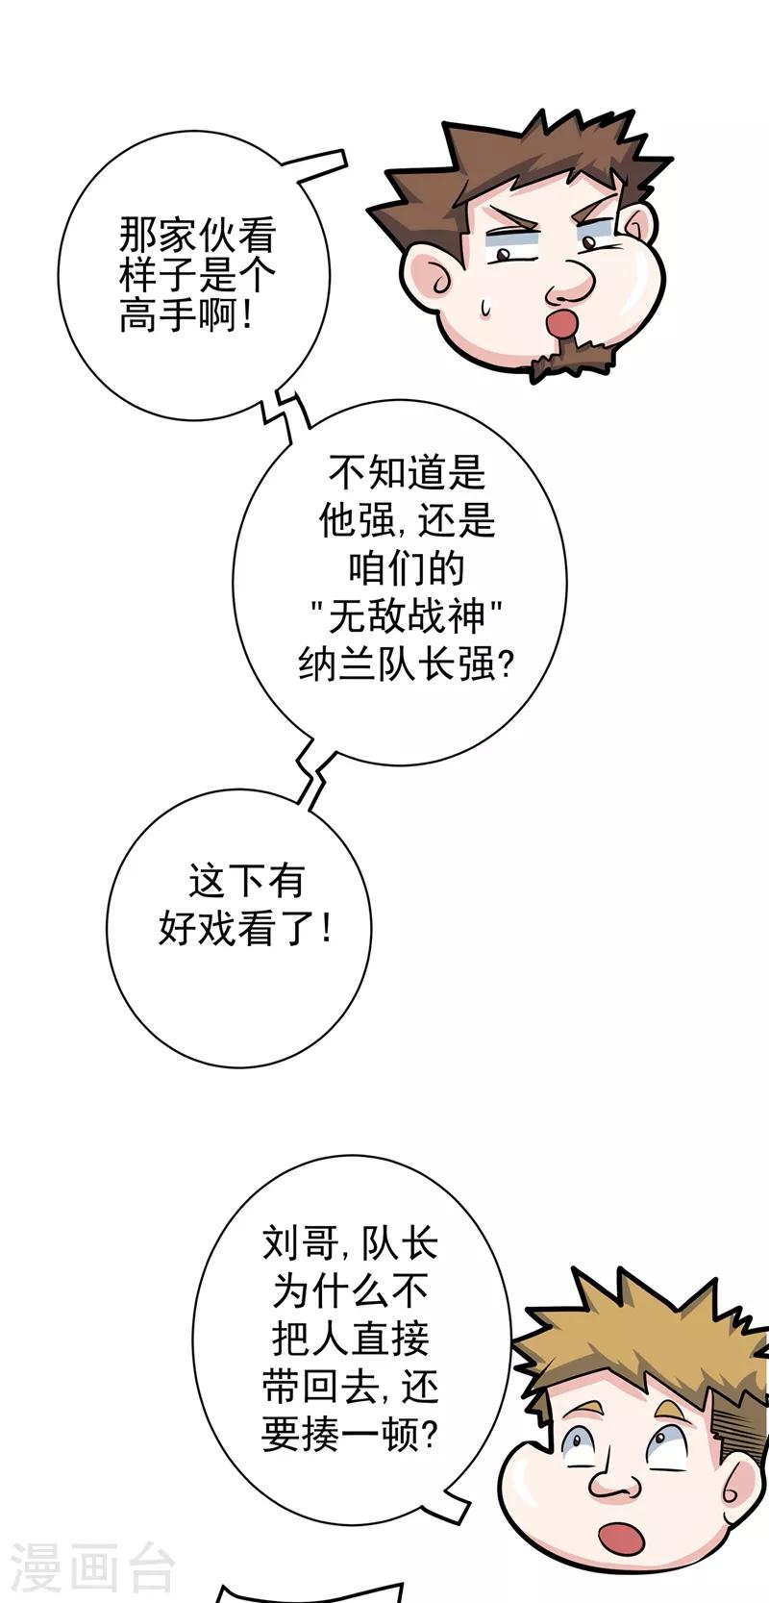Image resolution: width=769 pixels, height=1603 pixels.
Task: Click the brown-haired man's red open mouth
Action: click(562, 322)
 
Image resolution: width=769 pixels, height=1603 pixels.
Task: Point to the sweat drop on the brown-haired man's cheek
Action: click(485, 307)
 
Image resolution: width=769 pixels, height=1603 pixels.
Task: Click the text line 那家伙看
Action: click(196, 234)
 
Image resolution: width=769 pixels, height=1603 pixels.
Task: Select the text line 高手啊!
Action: click(186, 314)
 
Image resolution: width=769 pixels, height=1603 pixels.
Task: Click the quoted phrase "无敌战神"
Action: click(407, 616)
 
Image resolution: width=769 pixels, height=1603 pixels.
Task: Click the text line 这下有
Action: click(246, 881)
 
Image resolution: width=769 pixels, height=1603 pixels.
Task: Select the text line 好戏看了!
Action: click(245, 930)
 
